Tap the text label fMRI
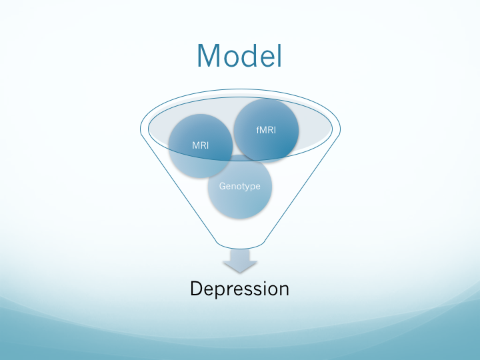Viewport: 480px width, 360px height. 267,131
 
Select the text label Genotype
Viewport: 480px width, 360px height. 239,186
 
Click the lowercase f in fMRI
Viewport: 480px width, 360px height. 258,131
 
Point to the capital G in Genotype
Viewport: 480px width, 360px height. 223,186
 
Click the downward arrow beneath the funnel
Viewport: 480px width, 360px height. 239,261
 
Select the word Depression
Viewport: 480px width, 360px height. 239,289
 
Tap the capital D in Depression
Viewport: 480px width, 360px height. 196,289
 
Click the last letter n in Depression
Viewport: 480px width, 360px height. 283,290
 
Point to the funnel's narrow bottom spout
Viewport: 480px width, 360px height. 239,243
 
